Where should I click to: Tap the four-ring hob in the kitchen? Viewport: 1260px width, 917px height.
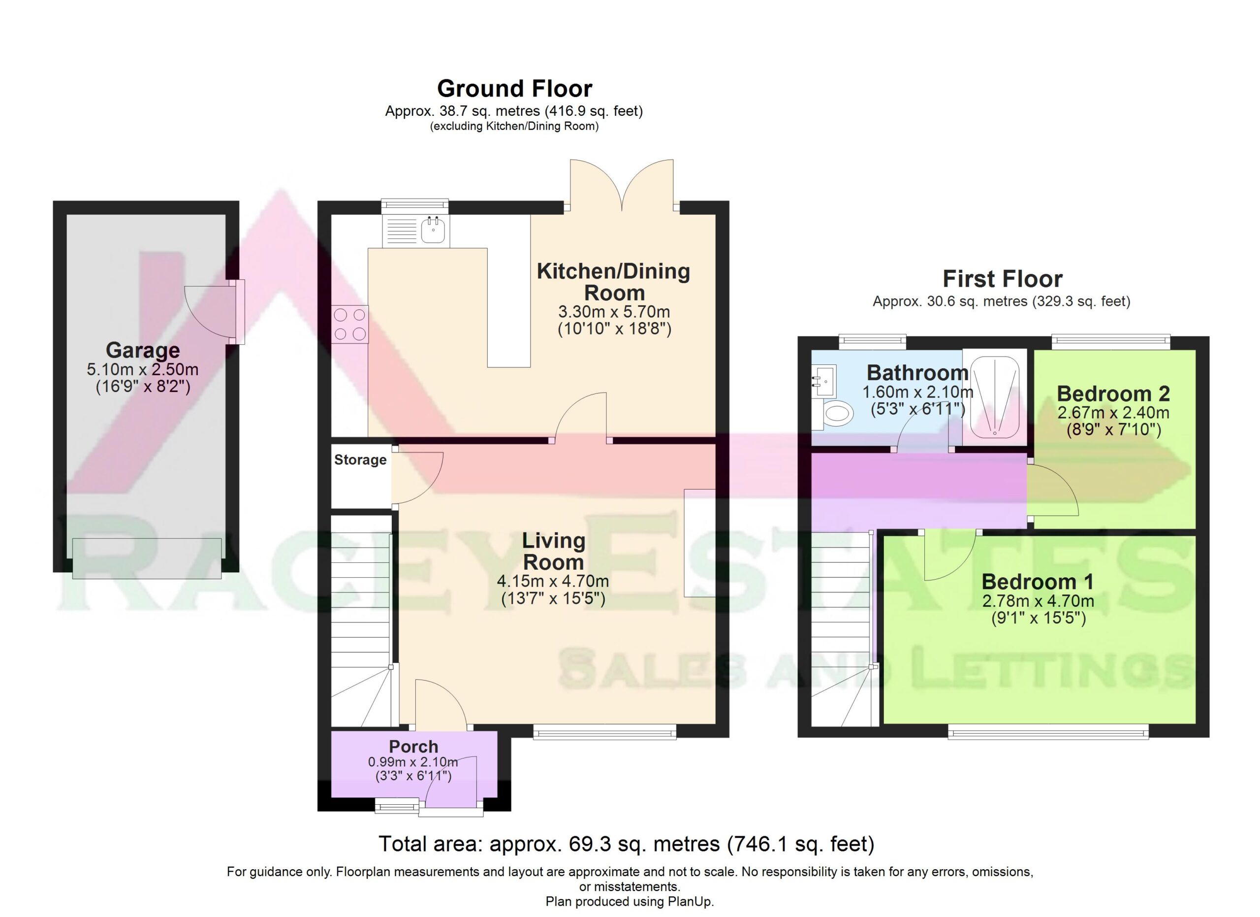350,325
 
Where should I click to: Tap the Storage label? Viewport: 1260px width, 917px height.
360,459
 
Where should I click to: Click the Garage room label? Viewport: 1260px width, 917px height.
143,350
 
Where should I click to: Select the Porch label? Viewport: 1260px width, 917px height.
413,747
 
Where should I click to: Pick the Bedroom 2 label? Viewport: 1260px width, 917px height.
1113,393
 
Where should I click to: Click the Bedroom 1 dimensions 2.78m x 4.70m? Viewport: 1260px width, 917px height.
1038,601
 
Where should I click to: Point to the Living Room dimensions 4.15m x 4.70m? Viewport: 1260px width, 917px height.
553,581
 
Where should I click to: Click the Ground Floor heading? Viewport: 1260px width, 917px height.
514,88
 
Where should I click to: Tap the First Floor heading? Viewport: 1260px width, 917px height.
1002,278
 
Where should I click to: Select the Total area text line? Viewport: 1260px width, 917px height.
626,844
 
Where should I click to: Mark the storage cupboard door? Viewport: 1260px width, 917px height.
418,477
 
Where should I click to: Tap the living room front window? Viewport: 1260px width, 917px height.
605,731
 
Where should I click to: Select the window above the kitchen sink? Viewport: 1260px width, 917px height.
414,206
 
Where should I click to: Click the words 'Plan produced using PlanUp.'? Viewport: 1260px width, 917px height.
630,901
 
